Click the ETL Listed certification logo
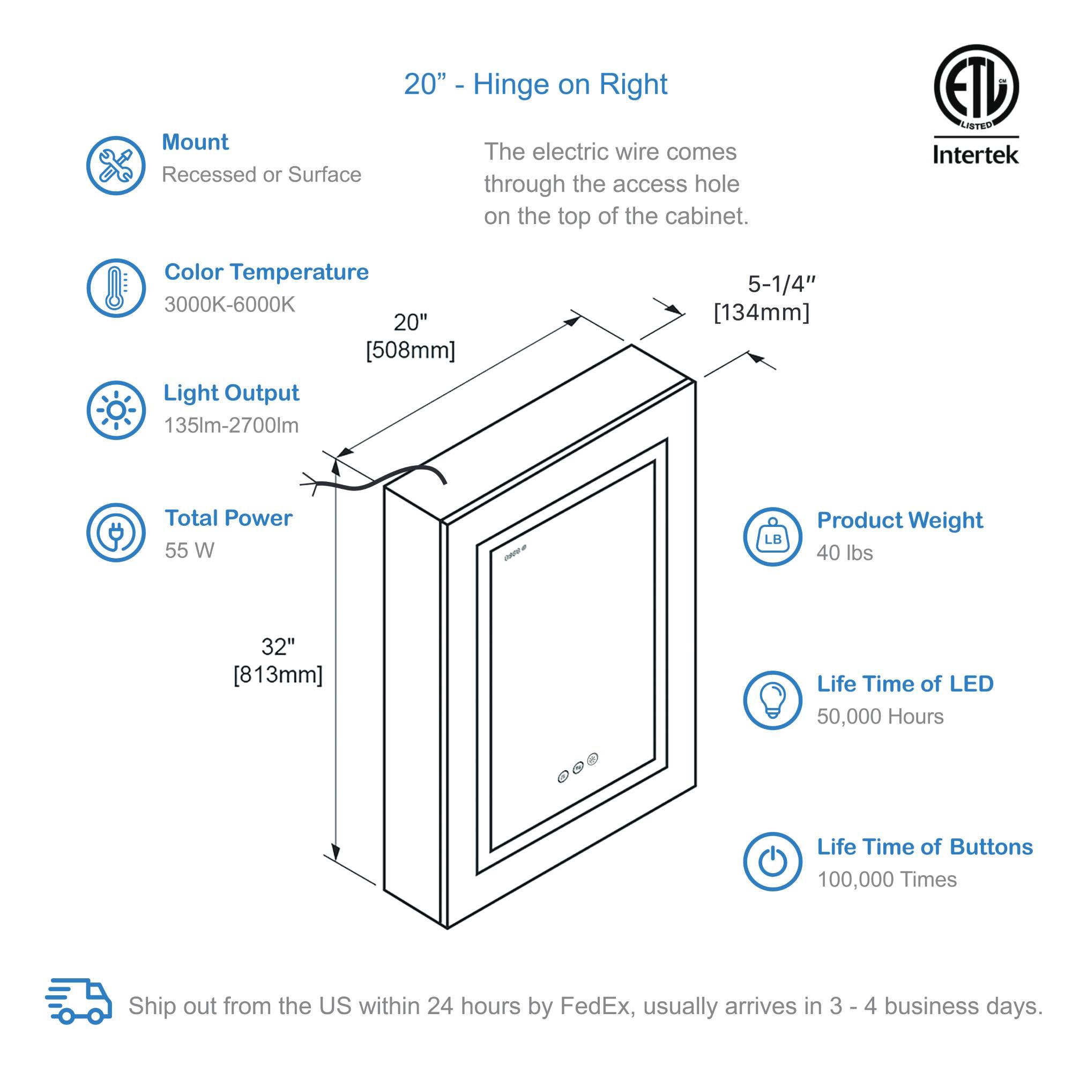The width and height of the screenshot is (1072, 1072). coord(976,87)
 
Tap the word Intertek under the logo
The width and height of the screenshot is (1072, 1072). coord(976,155)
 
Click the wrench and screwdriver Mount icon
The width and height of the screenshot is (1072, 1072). coord(115,165)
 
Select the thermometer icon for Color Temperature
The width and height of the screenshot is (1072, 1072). coord(115,288)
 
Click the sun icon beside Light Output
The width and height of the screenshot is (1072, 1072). coord(115,410)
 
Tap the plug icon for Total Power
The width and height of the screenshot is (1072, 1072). coord(115,532)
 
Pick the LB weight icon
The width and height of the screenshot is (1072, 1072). coord(772,537)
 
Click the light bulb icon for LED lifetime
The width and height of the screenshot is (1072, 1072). coord(772,700)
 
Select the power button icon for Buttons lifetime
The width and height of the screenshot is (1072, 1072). coord(772,862)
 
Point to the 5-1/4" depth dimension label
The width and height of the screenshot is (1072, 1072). coord(781,285)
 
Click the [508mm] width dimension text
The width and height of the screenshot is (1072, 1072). coord(410,351)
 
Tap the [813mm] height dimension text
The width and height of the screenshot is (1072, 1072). coord(278,675)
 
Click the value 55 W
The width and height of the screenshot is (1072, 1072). coord(189,550)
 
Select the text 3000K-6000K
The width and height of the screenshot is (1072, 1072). coord(229,304)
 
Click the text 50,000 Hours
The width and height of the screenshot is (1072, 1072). coord(880,716)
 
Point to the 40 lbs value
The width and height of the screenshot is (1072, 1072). coord(844,553)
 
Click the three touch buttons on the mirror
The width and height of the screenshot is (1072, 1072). coord(578,769)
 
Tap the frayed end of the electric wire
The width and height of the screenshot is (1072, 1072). coord(310,484)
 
